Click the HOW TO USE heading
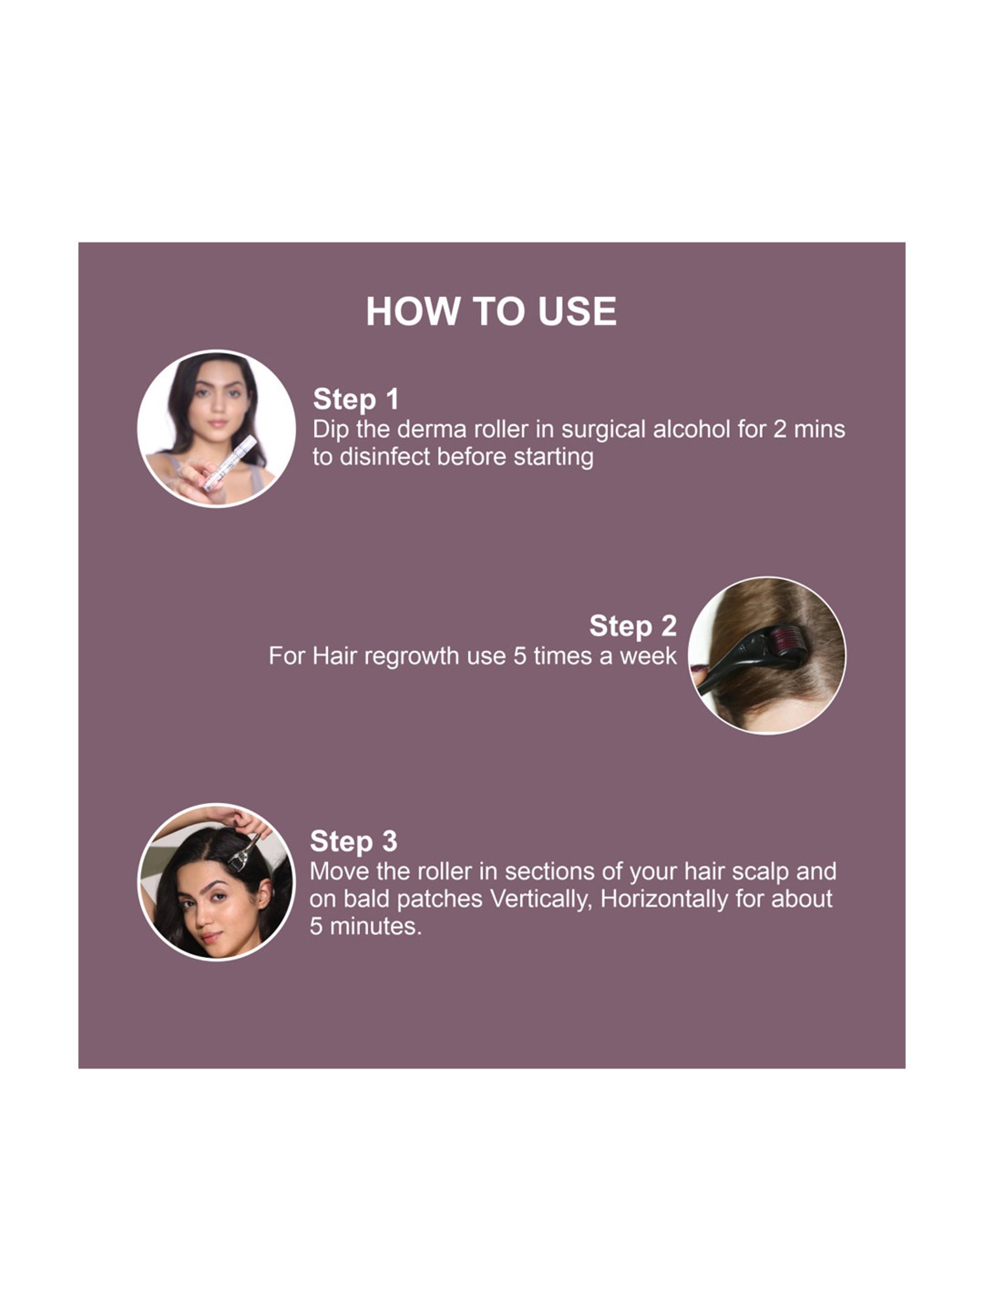(x=491, y=311)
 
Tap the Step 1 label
(x=356, y=399)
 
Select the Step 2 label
(x=632, y=626)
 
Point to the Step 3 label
(x=353, y=841)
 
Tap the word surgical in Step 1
(x=603, y=429)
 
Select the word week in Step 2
(x=647, y=656)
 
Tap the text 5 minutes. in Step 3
(x=365, y=926)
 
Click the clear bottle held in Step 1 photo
(x=230, y=463)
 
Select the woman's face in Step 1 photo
(x=216, y=401)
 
